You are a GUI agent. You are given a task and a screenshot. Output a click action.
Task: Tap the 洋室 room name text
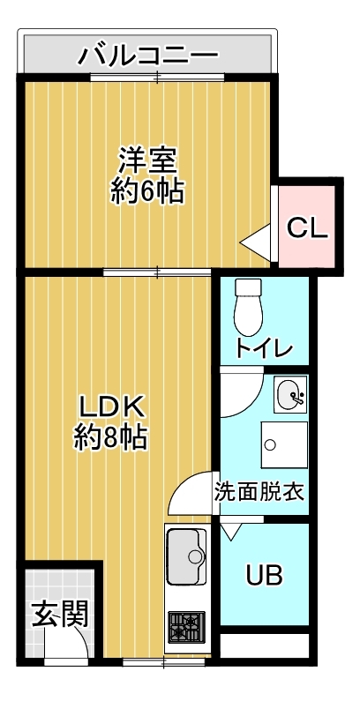pyautogui.click(x=147, y=160)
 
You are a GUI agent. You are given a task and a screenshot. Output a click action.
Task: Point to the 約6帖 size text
pyautogui.click(x=147, y=191)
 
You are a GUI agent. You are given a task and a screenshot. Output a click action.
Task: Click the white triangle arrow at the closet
pyautogui.click(x=255, y=239)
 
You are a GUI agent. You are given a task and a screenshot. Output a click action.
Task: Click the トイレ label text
pyautogui.click(x=263, y=347)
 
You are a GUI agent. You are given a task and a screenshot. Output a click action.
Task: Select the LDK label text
pyautogui.click(x=110, y=406)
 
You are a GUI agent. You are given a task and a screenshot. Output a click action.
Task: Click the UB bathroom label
pyautogui.click(x=264, y=577)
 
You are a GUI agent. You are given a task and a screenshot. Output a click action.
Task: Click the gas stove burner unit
pyautogui.click(x=186, y=627)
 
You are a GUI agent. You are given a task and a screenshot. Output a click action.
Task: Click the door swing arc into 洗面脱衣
pyautogui.click(x=186, y=494)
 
